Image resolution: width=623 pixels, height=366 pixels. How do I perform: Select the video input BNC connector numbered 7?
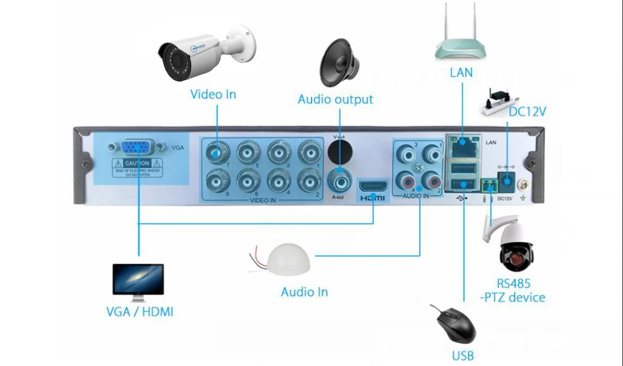(x=217, y=151)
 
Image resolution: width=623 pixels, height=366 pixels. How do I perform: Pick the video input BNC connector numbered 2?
(x=308, y=182)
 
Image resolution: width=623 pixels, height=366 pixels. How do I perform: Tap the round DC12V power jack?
(x=507, y=184)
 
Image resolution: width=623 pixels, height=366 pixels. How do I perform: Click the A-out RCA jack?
(x=339, y=179)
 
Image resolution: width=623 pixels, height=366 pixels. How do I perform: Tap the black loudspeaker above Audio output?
(x=340, y=63)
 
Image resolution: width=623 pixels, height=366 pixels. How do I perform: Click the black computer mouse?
(x=455, y=324)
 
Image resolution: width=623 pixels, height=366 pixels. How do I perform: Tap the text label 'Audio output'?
(x=335, y=100)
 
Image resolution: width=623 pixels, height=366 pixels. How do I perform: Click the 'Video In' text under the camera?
(x=213, y=95)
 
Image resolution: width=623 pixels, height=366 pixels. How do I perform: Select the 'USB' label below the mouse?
(x=463, y=355)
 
